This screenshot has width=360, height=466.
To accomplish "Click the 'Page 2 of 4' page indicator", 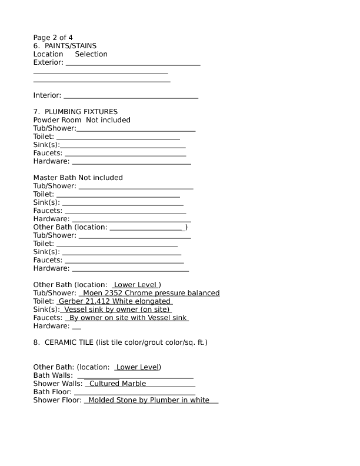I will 53,38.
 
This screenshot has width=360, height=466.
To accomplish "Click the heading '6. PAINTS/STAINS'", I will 65,46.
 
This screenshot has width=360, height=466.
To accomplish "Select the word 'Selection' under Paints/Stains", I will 91,54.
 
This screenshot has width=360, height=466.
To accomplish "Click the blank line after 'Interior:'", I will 131,96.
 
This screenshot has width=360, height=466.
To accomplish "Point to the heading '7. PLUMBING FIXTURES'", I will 75,112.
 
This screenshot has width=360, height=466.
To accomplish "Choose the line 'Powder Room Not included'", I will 82,120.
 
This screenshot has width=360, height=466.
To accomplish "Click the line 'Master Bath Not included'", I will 78,178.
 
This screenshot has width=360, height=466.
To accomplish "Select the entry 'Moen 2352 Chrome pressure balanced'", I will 151,293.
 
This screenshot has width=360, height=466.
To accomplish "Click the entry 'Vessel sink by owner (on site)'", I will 116,309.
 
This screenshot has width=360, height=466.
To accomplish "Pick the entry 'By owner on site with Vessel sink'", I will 128,318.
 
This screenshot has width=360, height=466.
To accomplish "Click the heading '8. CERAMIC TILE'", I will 120,342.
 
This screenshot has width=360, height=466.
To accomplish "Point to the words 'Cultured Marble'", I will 118,384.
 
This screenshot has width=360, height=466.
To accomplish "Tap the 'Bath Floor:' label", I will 52,392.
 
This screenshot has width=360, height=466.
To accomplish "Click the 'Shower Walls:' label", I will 58,384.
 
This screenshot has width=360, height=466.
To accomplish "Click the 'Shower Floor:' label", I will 58,400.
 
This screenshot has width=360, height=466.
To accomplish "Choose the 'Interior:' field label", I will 47,95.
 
